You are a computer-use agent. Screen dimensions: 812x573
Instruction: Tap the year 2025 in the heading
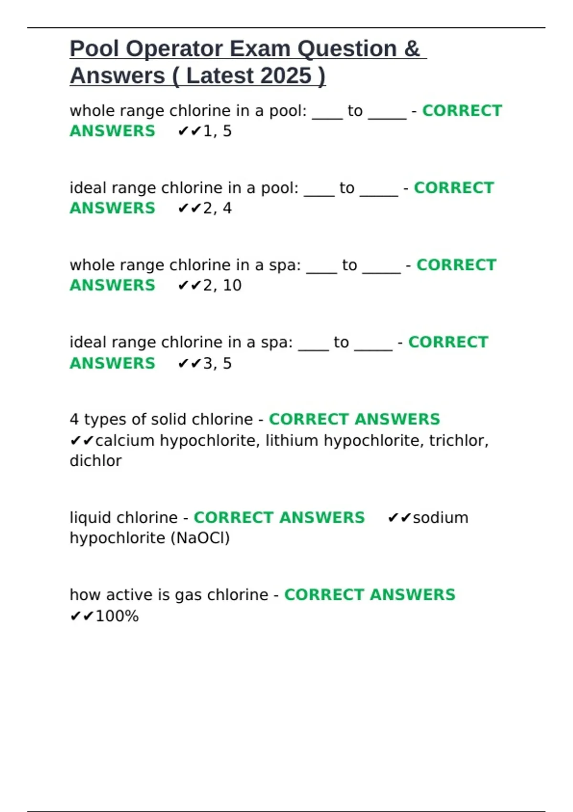286,75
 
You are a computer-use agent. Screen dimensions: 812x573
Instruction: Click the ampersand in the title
412,49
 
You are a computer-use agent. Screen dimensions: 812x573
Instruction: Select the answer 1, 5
217,131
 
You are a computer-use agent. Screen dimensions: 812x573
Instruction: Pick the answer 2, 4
217,208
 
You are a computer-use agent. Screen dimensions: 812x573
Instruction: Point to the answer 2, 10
222,285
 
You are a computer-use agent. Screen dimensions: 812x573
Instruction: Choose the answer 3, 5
217,363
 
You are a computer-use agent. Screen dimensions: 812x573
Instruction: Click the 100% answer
117,616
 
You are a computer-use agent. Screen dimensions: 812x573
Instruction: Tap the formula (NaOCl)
200,538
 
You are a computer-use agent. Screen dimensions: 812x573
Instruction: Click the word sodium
440,518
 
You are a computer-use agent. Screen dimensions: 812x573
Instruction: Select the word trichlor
458,440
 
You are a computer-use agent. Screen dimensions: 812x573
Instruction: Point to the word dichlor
95,461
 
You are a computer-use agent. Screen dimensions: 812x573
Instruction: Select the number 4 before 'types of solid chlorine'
74,419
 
